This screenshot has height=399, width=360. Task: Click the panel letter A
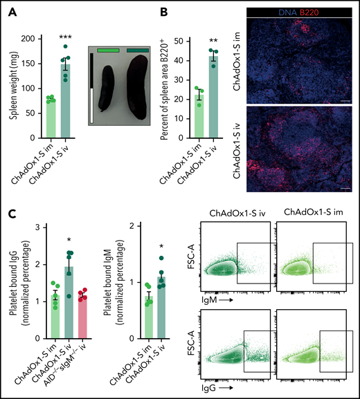pos(15,10)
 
